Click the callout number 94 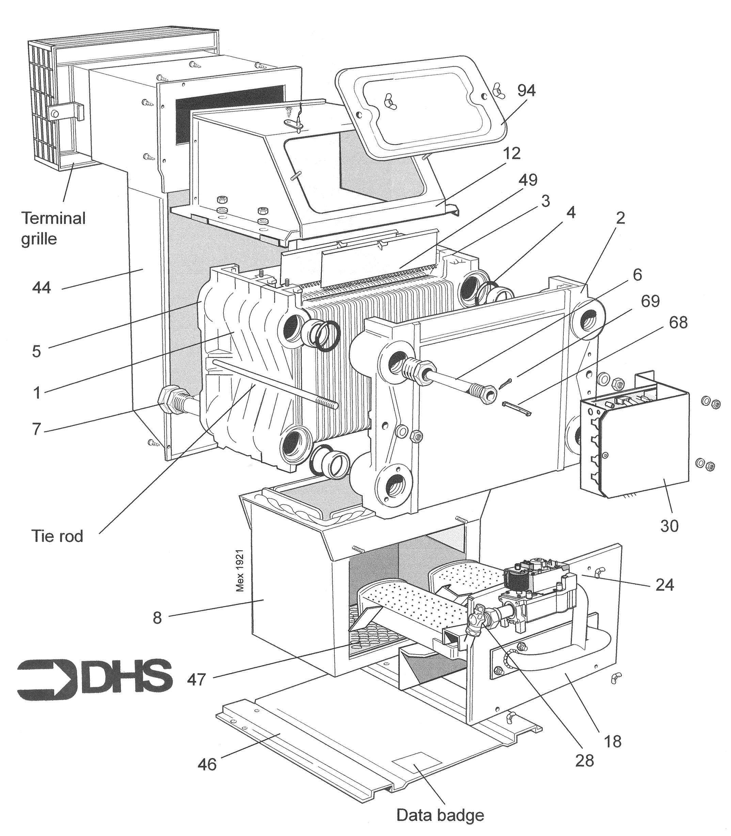[x=526, y=91]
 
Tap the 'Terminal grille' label [x=53, y=228]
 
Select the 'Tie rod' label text [x=57, y=536]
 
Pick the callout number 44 [x=41, y=288]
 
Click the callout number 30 [x=669, y=526]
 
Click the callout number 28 [x=584, y=760]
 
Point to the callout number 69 [x=650, y=301]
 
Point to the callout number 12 [x=511, y=154]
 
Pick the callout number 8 [x=157, y=618]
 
